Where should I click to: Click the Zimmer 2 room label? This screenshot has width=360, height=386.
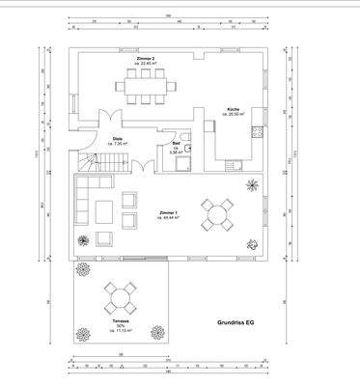(x=146, y=62)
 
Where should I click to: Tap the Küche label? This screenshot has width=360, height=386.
(x=235, y=112)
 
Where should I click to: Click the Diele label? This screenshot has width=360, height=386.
(x=117, y=140)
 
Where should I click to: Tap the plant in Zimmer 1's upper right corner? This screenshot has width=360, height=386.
(x=253, y=185)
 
